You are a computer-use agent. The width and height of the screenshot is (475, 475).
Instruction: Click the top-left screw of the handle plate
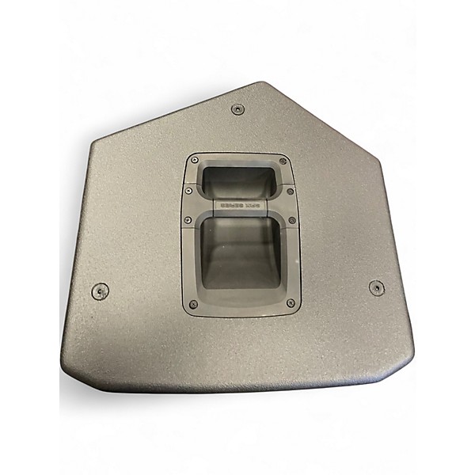point(194,161)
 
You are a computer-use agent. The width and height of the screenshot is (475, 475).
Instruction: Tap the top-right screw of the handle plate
point(283,161)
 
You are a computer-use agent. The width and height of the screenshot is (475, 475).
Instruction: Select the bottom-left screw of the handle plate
point(193,304)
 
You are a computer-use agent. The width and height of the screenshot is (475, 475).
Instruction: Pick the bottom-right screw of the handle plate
point(291,303)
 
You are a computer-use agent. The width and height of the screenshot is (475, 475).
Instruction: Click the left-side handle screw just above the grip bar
point(188,190)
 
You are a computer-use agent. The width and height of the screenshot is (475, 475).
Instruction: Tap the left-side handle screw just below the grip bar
point(188,220)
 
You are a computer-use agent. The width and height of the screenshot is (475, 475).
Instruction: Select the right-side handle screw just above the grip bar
point(290,191)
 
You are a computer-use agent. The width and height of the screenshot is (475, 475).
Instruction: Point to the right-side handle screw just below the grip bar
point(291,220)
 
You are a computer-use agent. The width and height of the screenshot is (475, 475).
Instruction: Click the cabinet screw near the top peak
point(237,109)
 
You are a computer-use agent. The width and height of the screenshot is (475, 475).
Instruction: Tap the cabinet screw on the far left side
point(100,291)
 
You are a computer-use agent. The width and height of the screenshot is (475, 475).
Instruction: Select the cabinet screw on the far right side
point(377,287)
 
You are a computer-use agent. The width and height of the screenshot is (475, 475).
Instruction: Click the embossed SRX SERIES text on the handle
point(240,205)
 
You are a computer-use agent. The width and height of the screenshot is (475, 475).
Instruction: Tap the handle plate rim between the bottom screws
point(241,310)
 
